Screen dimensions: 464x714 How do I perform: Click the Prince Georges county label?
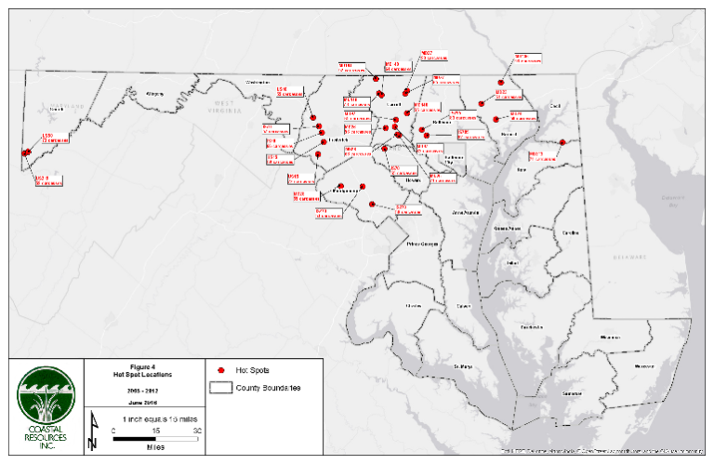(x=423, y=244)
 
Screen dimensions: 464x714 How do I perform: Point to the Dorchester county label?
(x=532, y=328)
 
